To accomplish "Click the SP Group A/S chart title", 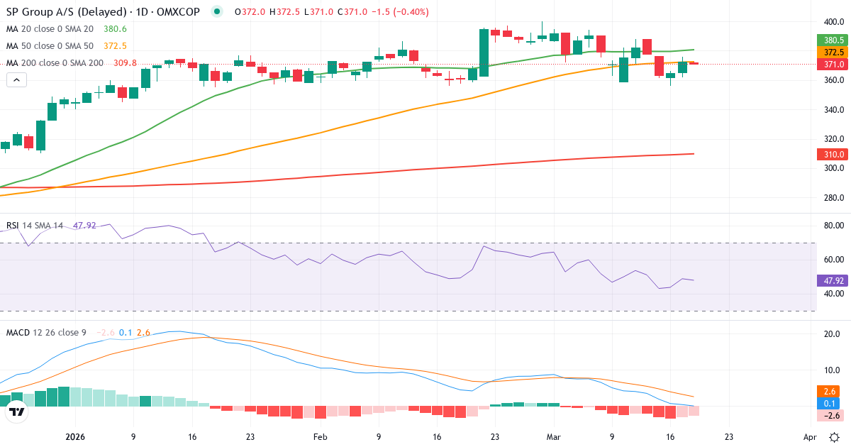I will [104, 11].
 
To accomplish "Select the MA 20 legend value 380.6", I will [115, 29].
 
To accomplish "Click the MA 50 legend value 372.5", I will [115, 46].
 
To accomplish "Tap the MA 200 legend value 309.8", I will [125, 63].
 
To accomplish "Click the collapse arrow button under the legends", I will [17, 80].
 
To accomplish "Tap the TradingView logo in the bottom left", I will [17, 412].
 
